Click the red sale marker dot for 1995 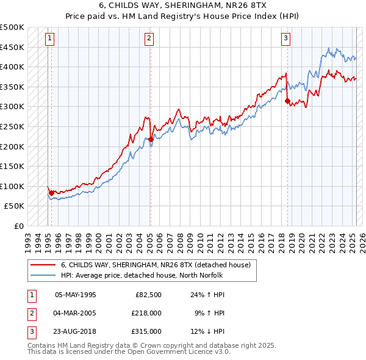[51, 193]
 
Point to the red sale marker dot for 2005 [151, 139]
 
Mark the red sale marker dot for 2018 [287, 101]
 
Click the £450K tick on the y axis [12, 47]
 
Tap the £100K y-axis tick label [12, 186]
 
